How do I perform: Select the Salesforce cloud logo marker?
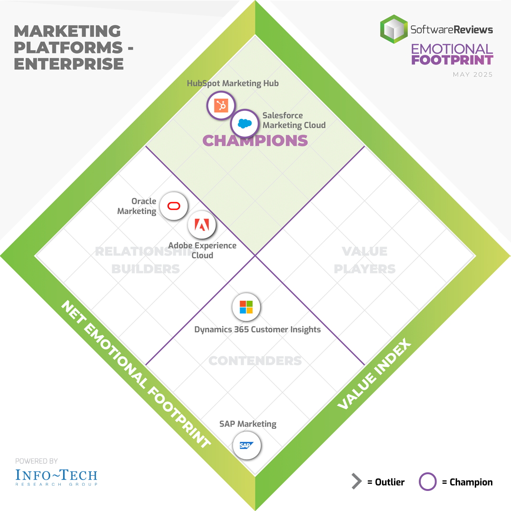click(x=245, y=124)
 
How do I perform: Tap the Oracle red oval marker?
click(x=172, y=206)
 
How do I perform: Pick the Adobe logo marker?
click(x=202, y=224)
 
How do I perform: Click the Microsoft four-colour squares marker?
click(x=246, y=307)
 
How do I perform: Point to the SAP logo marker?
click(x=247, y=445)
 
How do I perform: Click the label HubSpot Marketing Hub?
click(x=233, y=84)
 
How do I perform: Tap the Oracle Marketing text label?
click(x=137, y=206)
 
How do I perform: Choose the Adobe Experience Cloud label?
click(x=202, y=250)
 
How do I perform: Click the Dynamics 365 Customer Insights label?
click(x=257, y=330)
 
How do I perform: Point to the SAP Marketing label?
click(x=248, y=424)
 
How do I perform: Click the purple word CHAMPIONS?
click(x=255, y=140)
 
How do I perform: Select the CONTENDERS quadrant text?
click(x=255, y=361)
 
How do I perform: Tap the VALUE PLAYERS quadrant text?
click(x=365, y=260)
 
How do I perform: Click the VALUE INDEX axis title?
click(x=374, y=374)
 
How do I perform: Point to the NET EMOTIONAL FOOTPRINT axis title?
click(x=136, y=375)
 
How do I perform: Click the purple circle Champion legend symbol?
click(x=427, y=482)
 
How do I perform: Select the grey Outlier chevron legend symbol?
click(x=356, y=482)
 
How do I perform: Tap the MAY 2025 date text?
click(x=473, y=75)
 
